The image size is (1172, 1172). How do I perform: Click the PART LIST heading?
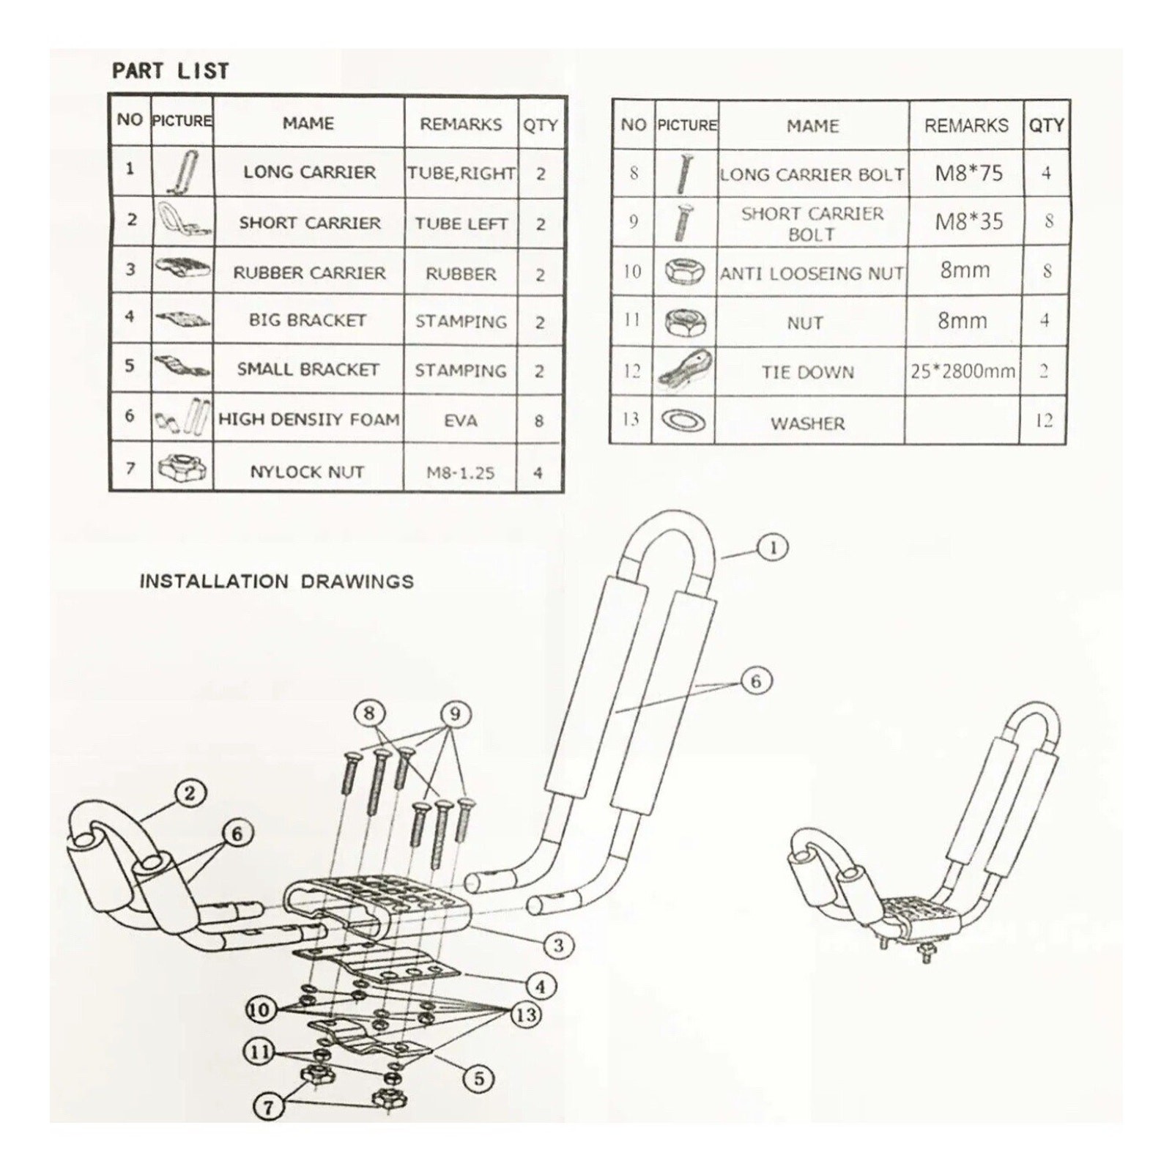click(x=170, y=71)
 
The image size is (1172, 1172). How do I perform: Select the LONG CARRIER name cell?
click(x=309, y=172)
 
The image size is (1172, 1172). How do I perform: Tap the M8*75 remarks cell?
click(x=968, y=174)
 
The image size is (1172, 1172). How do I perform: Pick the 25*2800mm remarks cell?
click(x=963, y=371)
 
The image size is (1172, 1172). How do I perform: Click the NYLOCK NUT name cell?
click(x=308, y=472)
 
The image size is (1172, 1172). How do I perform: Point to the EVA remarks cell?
click(x=461, y=420)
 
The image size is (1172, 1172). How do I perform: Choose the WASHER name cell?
click(x=808, y=423)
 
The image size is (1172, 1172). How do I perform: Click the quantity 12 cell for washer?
click(x=1044, y=420)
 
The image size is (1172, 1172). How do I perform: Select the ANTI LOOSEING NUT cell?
click(x=812, y=273)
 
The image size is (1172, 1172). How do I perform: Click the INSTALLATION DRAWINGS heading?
click(x=277, y=582)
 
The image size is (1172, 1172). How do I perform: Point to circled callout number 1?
click(x=774, y=547)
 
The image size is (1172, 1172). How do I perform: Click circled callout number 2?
click(x=190, y=793)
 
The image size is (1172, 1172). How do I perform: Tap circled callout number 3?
click(x=558, y=945)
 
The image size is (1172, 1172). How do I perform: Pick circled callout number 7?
click(x=268, y=1106)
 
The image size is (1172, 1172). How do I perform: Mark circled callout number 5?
click(x=478, y=1078)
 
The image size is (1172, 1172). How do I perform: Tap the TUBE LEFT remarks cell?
click(x=461, y=223)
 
